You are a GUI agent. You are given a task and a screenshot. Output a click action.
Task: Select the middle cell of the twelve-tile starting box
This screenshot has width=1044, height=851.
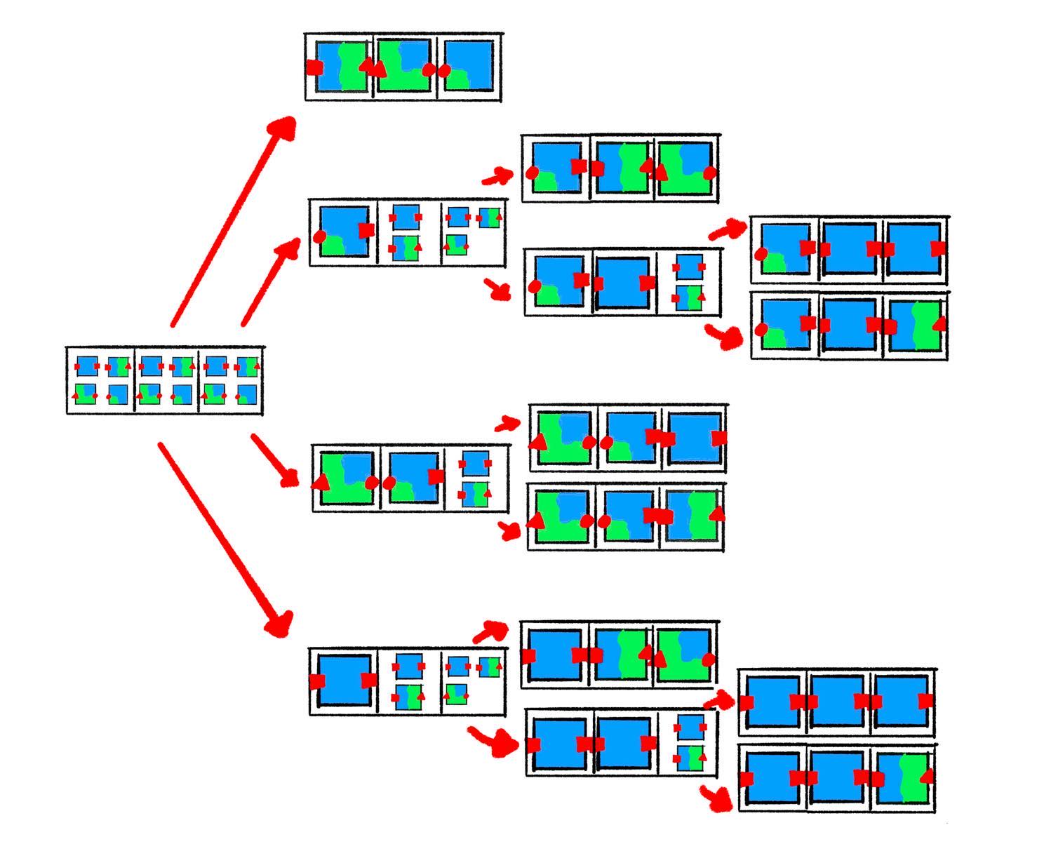tap(166, 380)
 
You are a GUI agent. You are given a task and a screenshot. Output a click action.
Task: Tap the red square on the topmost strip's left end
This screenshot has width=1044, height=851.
tap(314, 67)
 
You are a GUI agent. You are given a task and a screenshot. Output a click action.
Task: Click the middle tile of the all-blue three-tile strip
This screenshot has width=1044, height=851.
tap(839, 702)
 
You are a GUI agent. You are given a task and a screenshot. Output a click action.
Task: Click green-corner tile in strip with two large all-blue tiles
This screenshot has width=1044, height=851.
tap(783, 248)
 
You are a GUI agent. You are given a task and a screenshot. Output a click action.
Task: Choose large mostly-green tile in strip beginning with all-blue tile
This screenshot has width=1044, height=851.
tap(683, 656)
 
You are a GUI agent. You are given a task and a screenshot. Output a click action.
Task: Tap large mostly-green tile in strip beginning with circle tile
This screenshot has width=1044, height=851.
tap(685, 169)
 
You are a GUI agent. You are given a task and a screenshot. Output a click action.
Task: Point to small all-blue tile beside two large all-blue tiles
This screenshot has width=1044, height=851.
tap(690, 728)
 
